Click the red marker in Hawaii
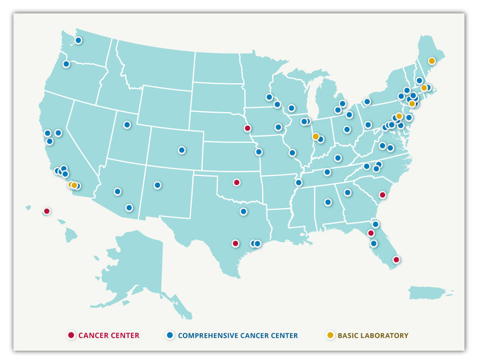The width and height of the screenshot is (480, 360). [x=47, y=211]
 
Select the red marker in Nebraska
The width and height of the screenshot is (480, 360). [x=247, y=128]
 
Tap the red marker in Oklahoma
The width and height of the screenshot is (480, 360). [x=237, y=182]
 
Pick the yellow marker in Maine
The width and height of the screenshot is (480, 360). [x=432, y=61]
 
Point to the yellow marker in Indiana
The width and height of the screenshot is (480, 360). [x=316, y=136]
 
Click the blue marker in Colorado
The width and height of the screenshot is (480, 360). [x=182, y=150]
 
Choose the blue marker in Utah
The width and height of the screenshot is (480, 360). [x=127, y=125]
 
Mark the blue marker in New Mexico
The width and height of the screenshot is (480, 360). [x=157, y=185]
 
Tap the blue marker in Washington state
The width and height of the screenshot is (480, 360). [x=78, y=41]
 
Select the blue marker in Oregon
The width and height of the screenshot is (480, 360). [x=66, y=64]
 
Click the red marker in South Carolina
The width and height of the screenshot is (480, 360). [x=383, y=195]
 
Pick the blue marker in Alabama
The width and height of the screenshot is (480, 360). [x=328, y=202]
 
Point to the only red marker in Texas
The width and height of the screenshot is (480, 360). [x=236, y=243]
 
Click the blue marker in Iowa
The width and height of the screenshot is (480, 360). [x=279, y=127]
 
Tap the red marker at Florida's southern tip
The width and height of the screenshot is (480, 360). [x=396, y=259]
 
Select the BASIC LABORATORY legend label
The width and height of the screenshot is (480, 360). [x=373, y=336]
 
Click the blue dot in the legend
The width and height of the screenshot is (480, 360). [x=170, y=335]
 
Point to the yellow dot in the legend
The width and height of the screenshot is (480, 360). [x=330, y=335]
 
